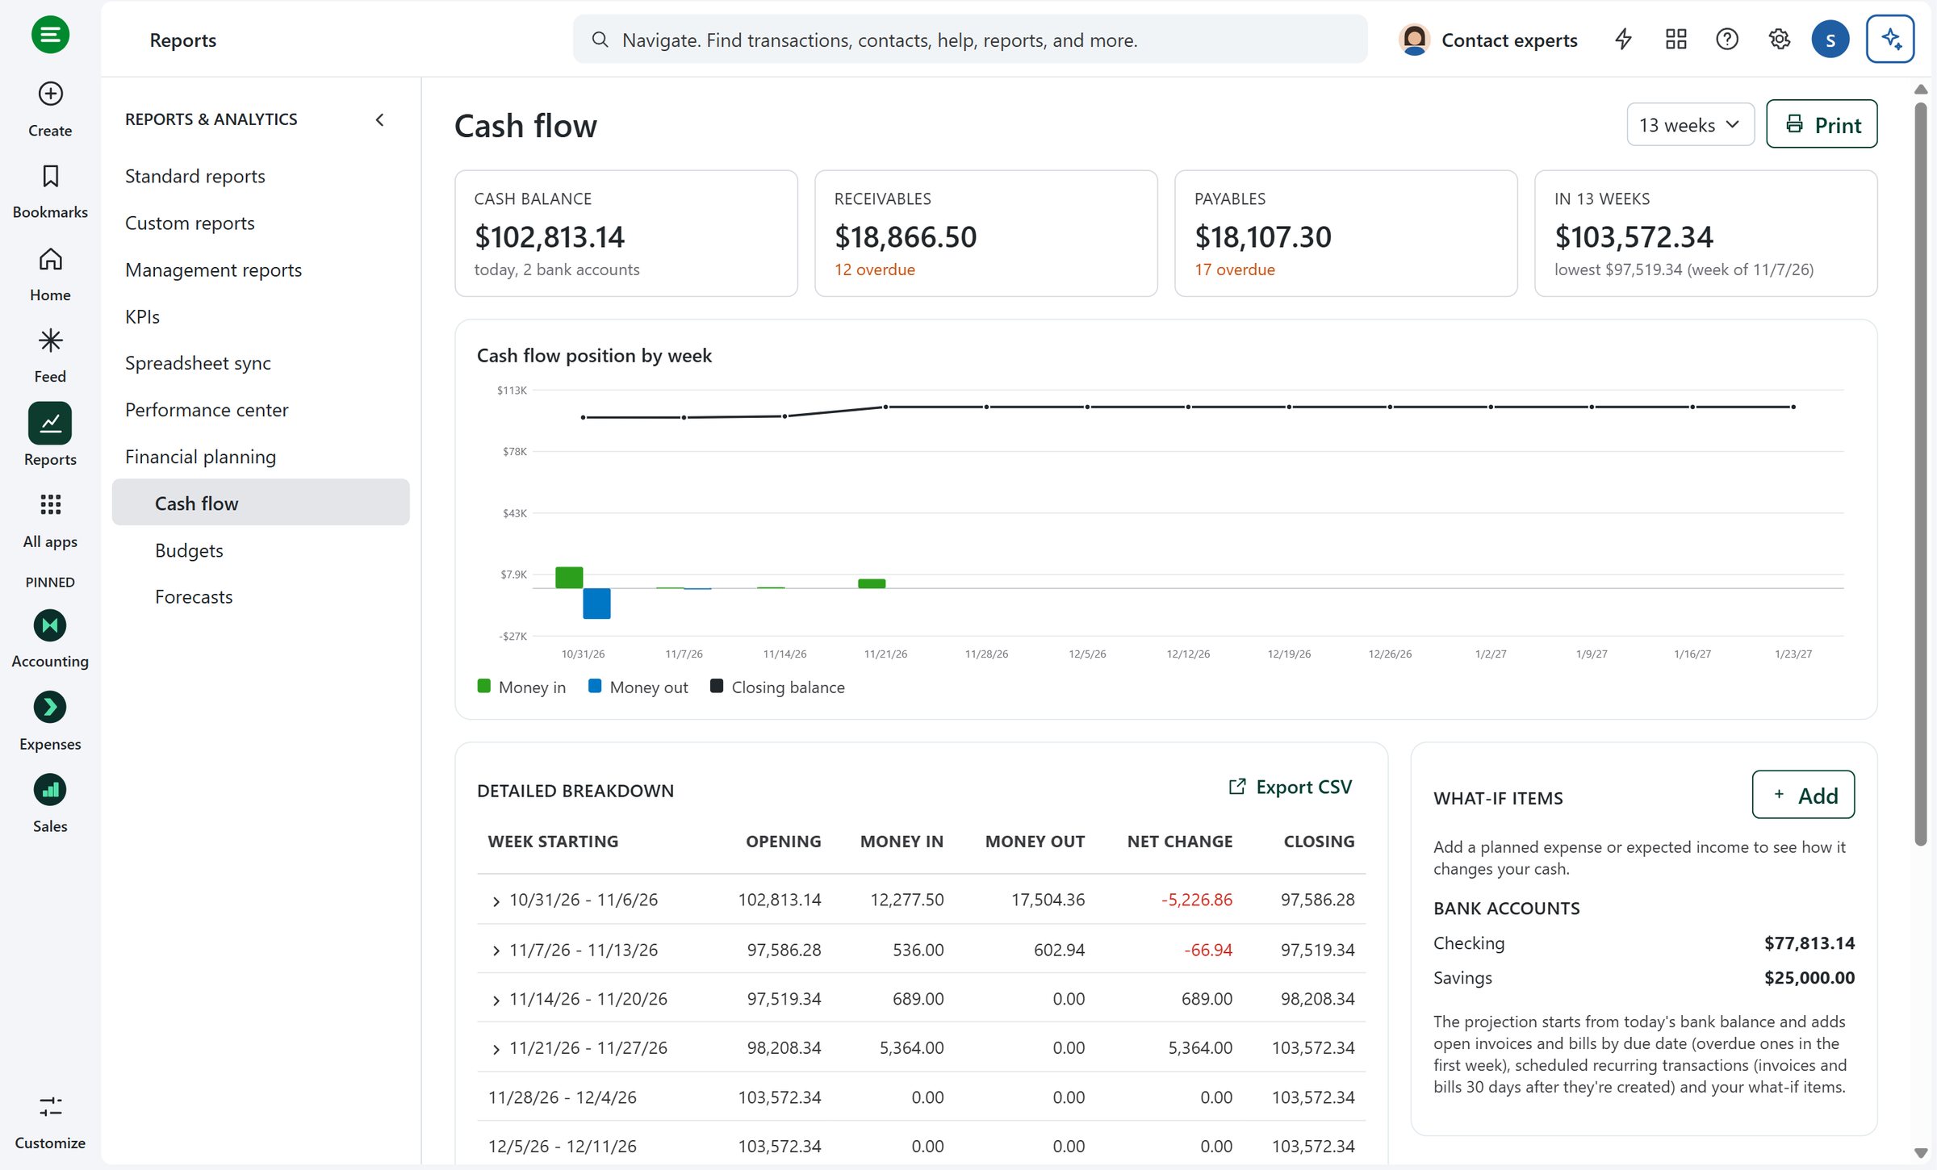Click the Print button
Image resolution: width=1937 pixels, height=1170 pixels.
[1822, 124]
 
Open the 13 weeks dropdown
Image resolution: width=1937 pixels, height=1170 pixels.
[1690, 124]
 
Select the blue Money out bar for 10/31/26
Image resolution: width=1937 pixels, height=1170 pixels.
[596, 604]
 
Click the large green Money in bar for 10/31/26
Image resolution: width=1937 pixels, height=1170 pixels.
[569, 577]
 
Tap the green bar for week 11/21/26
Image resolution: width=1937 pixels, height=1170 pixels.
[872, 583]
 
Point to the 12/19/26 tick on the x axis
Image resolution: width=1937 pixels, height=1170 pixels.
[1289, 654]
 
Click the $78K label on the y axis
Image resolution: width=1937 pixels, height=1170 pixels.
[514, 451]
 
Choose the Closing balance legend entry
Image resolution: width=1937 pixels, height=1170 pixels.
[777, 687]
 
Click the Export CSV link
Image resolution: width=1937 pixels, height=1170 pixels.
[1290, 787]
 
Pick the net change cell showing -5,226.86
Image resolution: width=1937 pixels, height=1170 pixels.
[1196, 900]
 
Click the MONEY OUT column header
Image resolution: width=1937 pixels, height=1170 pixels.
[1035, 841]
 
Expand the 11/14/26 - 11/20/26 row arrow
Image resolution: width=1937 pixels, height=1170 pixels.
[496, 1001]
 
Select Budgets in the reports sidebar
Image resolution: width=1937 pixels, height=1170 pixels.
[189, 550]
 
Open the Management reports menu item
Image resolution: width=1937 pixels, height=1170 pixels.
[213, 270]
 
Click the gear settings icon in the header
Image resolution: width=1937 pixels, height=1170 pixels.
[1779, 39]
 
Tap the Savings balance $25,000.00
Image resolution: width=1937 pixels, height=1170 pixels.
[1809, 977]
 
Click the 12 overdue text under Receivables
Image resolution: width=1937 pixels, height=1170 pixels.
[874, 270]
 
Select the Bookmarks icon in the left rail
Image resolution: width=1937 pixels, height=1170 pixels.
[50, 176]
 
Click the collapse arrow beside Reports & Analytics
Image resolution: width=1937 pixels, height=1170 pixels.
[380, 119]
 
